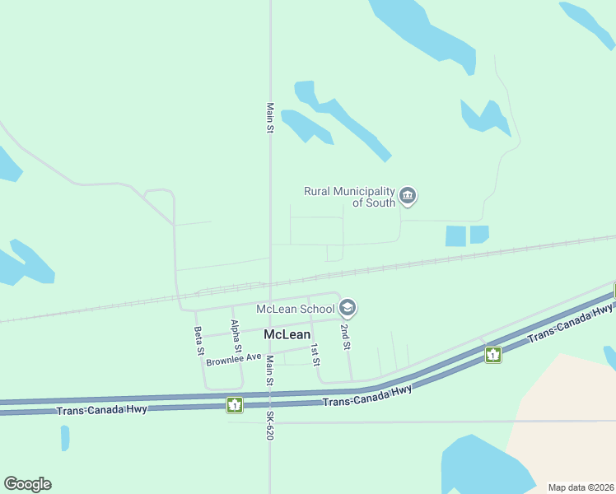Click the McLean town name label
coord(287,334)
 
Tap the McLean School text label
coord(295,309)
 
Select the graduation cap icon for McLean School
coord(348,309)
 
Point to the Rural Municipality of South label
coord(350,197)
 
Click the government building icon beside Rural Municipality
coord(408,196)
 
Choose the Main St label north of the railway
coord(270,118)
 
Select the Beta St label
coord(198,340)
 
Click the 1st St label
coord(315,354)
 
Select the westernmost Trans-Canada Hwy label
coord(102,410)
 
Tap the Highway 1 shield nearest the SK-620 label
coord(235,404)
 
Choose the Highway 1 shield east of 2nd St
coord(493,355)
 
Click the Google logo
coord(27,484)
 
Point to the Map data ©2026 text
coord(581,487)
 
